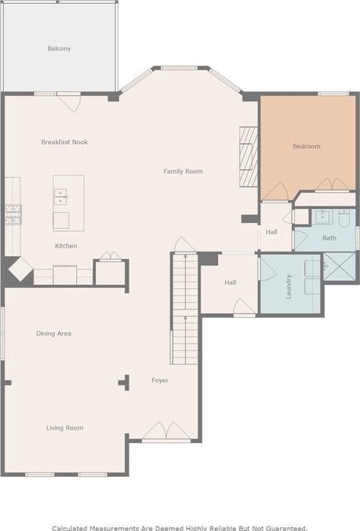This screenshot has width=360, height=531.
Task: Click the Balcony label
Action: (59, 48)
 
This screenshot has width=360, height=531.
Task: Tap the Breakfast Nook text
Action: (64, 142)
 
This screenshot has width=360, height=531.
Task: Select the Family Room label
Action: (183, 171)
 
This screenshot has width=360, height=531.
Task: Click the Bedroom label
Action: (307, 146)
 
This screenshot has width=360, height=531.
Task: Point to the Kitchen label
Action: (66, 246)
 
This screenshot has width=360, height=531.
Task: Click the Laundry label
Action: (288, 287)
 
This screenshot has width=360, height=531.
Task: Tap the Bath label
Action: (329, 238)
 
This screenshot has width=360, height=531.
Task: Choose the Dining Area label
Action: (54, 334)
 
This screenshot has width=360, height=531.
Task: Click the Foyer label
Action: (160, 380)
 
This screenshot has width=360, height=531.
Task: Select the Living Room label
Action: (64, 428)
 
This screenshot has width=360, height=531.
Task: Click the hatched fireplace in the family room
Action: (249, 157)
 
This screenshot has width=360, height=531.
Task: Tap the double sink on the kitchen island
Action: (61, 197)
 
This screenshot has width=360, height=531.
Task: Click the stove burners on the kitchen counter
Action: (13, 215)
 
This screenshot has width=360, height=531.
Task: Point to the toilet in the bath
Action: (344, 219)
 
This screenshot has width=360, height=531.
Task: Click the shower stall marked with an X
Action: (340, 266)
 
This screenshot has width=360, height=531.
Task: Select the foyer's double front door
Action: (166, 432)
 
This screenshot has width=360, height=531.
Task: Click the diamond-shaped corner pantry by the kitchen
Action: (20, 269)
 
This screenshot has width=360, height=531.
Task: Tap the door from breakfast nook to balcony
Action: (69, 102)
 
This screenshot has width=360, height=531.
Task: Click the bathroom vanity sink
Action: (322, 216)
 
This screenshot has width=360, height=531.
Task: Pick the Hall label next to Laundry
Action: (230, 282)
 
